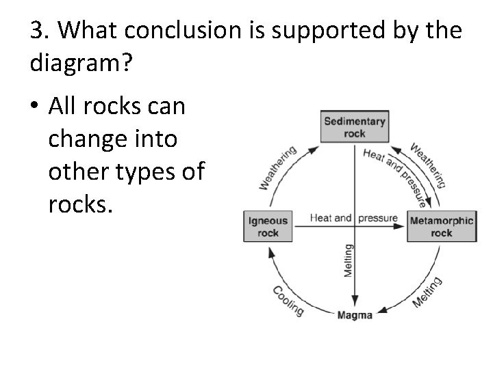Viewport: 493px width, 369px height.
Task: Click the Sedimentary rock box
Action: pyautogui.click(x=354, y=127)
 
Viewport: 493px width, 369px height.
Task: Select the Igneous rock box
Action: pyautogui.click(x=268, y=226)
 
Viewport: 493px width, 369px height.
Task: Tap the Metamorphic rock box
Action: pyautogui.click(x=441, y=226)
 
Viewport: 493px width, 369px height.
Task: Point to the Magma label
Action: pyautogui.click(x=355, y=315)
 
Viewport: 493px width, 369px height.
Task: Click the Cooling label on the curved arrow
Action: pyautogui.click(x=288, y=300)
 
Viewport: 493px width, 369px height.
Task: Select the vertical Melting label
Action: pyautogui.click(x=348, y=260)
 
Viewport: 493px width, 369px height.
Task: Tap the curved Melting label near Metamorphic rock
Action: pyautogui.click(x=428, y=292)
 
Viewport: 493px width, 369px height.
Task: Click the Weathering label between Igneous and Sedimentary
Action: pyautogui.click(x=277, y=167)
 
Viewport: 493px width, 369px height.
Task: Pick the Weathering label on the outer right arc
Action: pyautogui.click(x=429, y=164)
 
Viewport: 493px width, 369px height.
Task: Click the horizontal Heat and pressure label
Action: pyautogui.click(x=353, y=218)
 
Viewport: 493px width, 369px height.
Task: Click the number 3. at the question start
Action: pyautogui.click(x=40, y=30)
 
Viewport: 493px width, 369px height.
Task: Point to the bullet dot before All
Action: pyautogui.click(x=34, y=107)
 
